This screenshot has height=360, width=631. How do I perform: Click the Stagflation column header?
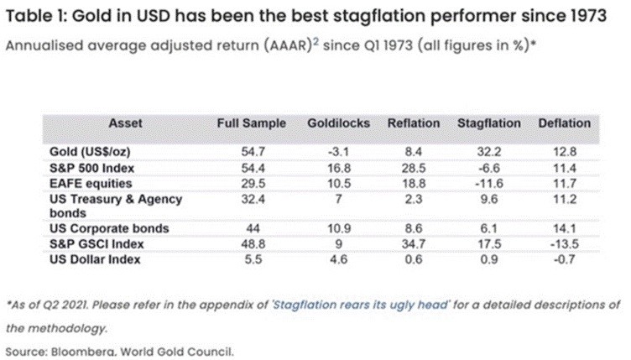[488, 123]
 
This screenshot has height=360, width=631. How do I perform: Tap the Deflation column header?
[564, 123]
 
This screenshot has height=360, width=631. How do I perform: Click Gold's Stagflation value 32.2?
[488, 151]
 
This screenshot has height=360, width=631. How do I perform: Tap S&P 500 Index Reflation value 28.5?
[414, 167]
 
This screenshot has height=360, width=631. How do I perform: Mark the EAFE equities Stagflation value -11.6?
[488, 182]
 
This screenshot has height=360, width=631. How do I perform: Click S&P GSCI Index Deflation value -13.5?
[564, 243]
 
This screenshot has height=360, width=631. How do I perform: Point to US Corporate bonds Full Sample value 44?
[251, 228]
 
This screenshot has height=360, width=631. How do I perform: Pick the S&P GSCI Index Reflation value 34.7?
[414, 243]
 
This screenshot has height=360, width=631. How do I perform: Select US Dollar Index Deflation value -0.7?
[564, 259]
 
